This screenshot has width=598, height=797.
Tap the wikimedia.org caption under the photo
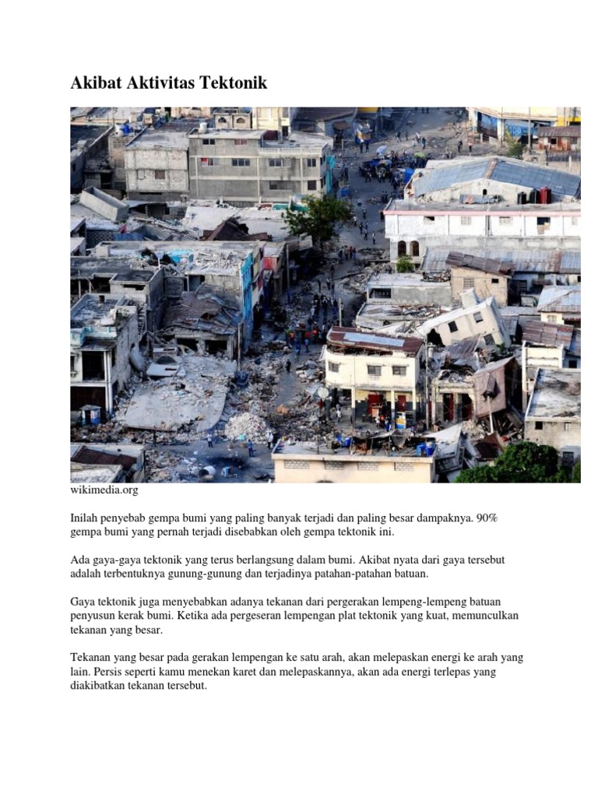tap(104, 491)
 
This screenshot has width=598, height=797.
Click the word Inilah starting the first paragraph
tap(86, 518)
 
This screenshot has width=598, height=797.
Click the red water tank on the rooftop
tap(545, 195)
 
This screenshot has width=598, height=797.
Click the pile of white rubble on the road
tap(247, 427)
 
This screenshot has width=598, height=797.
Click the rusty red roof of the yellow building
tap(375, 341)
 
